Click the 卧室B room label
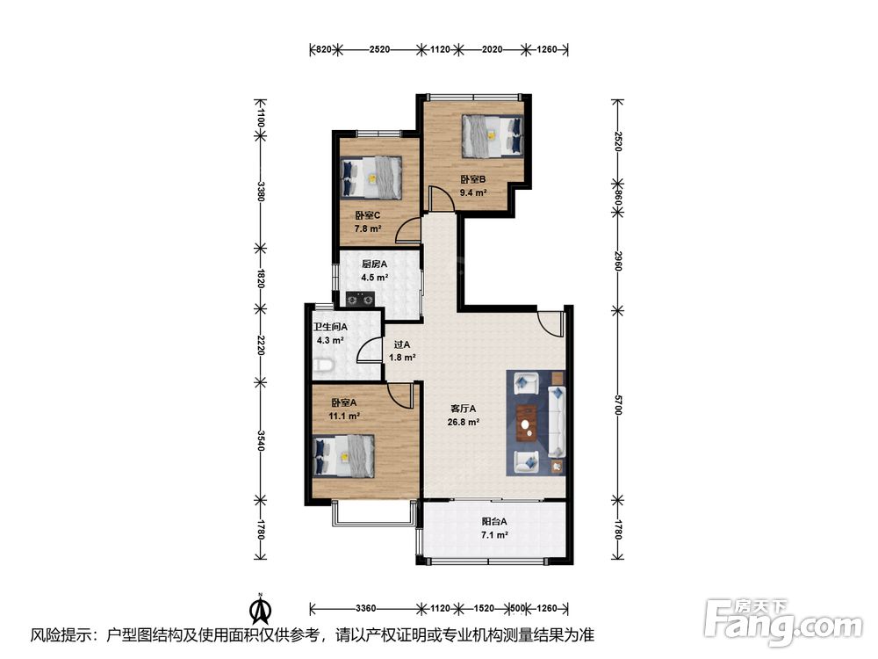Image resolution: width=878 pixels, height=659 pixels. coord(472,179)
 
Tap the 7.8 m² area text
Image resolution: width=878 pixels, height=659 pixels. coord(368,228)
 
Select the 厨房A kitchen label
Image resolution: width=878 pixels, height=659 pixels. coord(375,264)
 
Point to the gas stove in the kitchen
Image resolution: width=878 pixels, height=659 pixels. coord(360,300)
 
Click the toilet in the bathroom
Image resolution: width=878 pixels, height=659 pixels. coord(323,366)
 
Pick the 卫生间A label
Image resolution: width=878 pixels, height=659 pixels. coord(330,327)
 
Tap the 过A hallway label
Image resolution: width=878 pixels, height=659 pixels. coord(401,344)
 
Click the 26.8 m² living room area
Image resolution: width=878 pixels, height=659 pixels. coord(463,422)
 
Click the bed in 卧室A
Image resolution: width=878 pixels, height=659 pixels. coord(343,456)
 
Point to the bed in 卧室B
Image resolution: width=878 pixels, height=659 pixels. coord(493,135)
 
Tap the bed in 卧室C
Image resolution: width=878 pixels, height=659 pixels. coord(371,177)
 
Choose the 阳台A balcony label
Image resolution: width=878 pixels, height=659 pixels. coord(494,521)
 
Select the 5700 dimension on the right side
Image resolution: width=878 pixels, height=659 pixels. coord(617,404)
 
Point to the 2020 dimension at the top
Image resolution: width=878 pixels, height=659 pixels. coord(493,49)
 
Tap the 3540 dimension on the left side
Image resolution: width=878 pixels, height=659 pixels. coord(261,440)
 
